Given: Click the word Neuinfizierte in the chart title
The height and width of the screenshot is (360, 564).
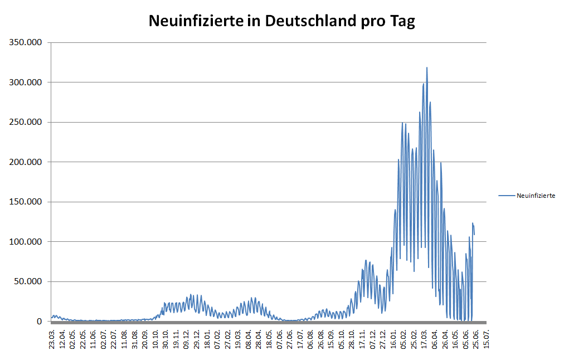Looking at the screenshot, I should (195, 21).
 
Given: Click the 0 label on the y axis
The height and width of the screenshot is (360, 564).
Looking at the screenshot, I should (39, 322).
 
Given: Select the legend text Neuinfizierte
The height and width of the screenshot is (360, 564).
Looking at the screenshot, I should (536, 196).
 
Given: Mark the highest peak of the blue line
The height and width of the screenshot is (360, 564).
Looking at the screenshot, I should (427, 68).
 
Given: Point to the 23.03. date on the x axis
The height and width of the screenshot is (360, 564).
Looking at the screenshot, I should (52, 338).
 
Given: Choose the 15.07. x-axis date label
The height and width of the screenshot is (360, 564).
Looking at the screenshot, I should (488, 338).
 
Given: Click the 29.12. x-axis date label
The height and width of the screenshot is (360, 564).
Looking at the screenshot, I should (197, 338).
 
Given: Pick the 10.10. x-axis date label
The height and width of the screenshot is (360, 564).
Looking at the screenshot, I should (155, 338).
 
